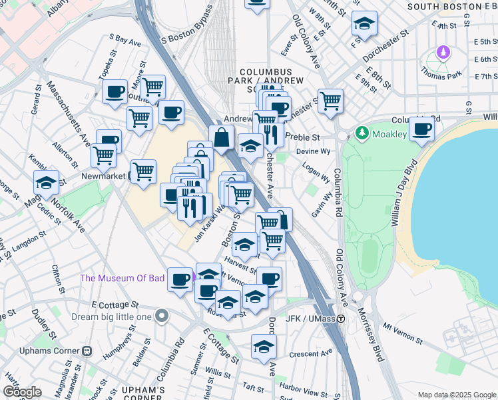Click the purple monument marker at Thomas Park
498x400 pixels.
coord(443,52)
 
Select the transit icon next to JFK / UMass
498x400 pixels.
coord(340,319)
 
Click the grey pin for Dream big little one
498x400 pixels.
coord(162,317)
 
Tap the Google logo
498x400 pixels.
coord(22,391)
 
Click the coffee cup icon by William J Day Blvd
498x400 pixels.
coord(421,130)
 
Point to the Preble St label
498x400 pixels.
coord(303,137)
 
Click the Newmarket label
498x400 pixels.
coord(104,176)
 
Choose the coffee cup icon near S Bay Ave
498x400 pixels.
coord(115,92)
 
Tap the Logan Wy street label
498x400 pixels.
coord(317,174)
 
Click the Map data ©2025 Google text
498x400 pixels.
coord(457,395)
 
